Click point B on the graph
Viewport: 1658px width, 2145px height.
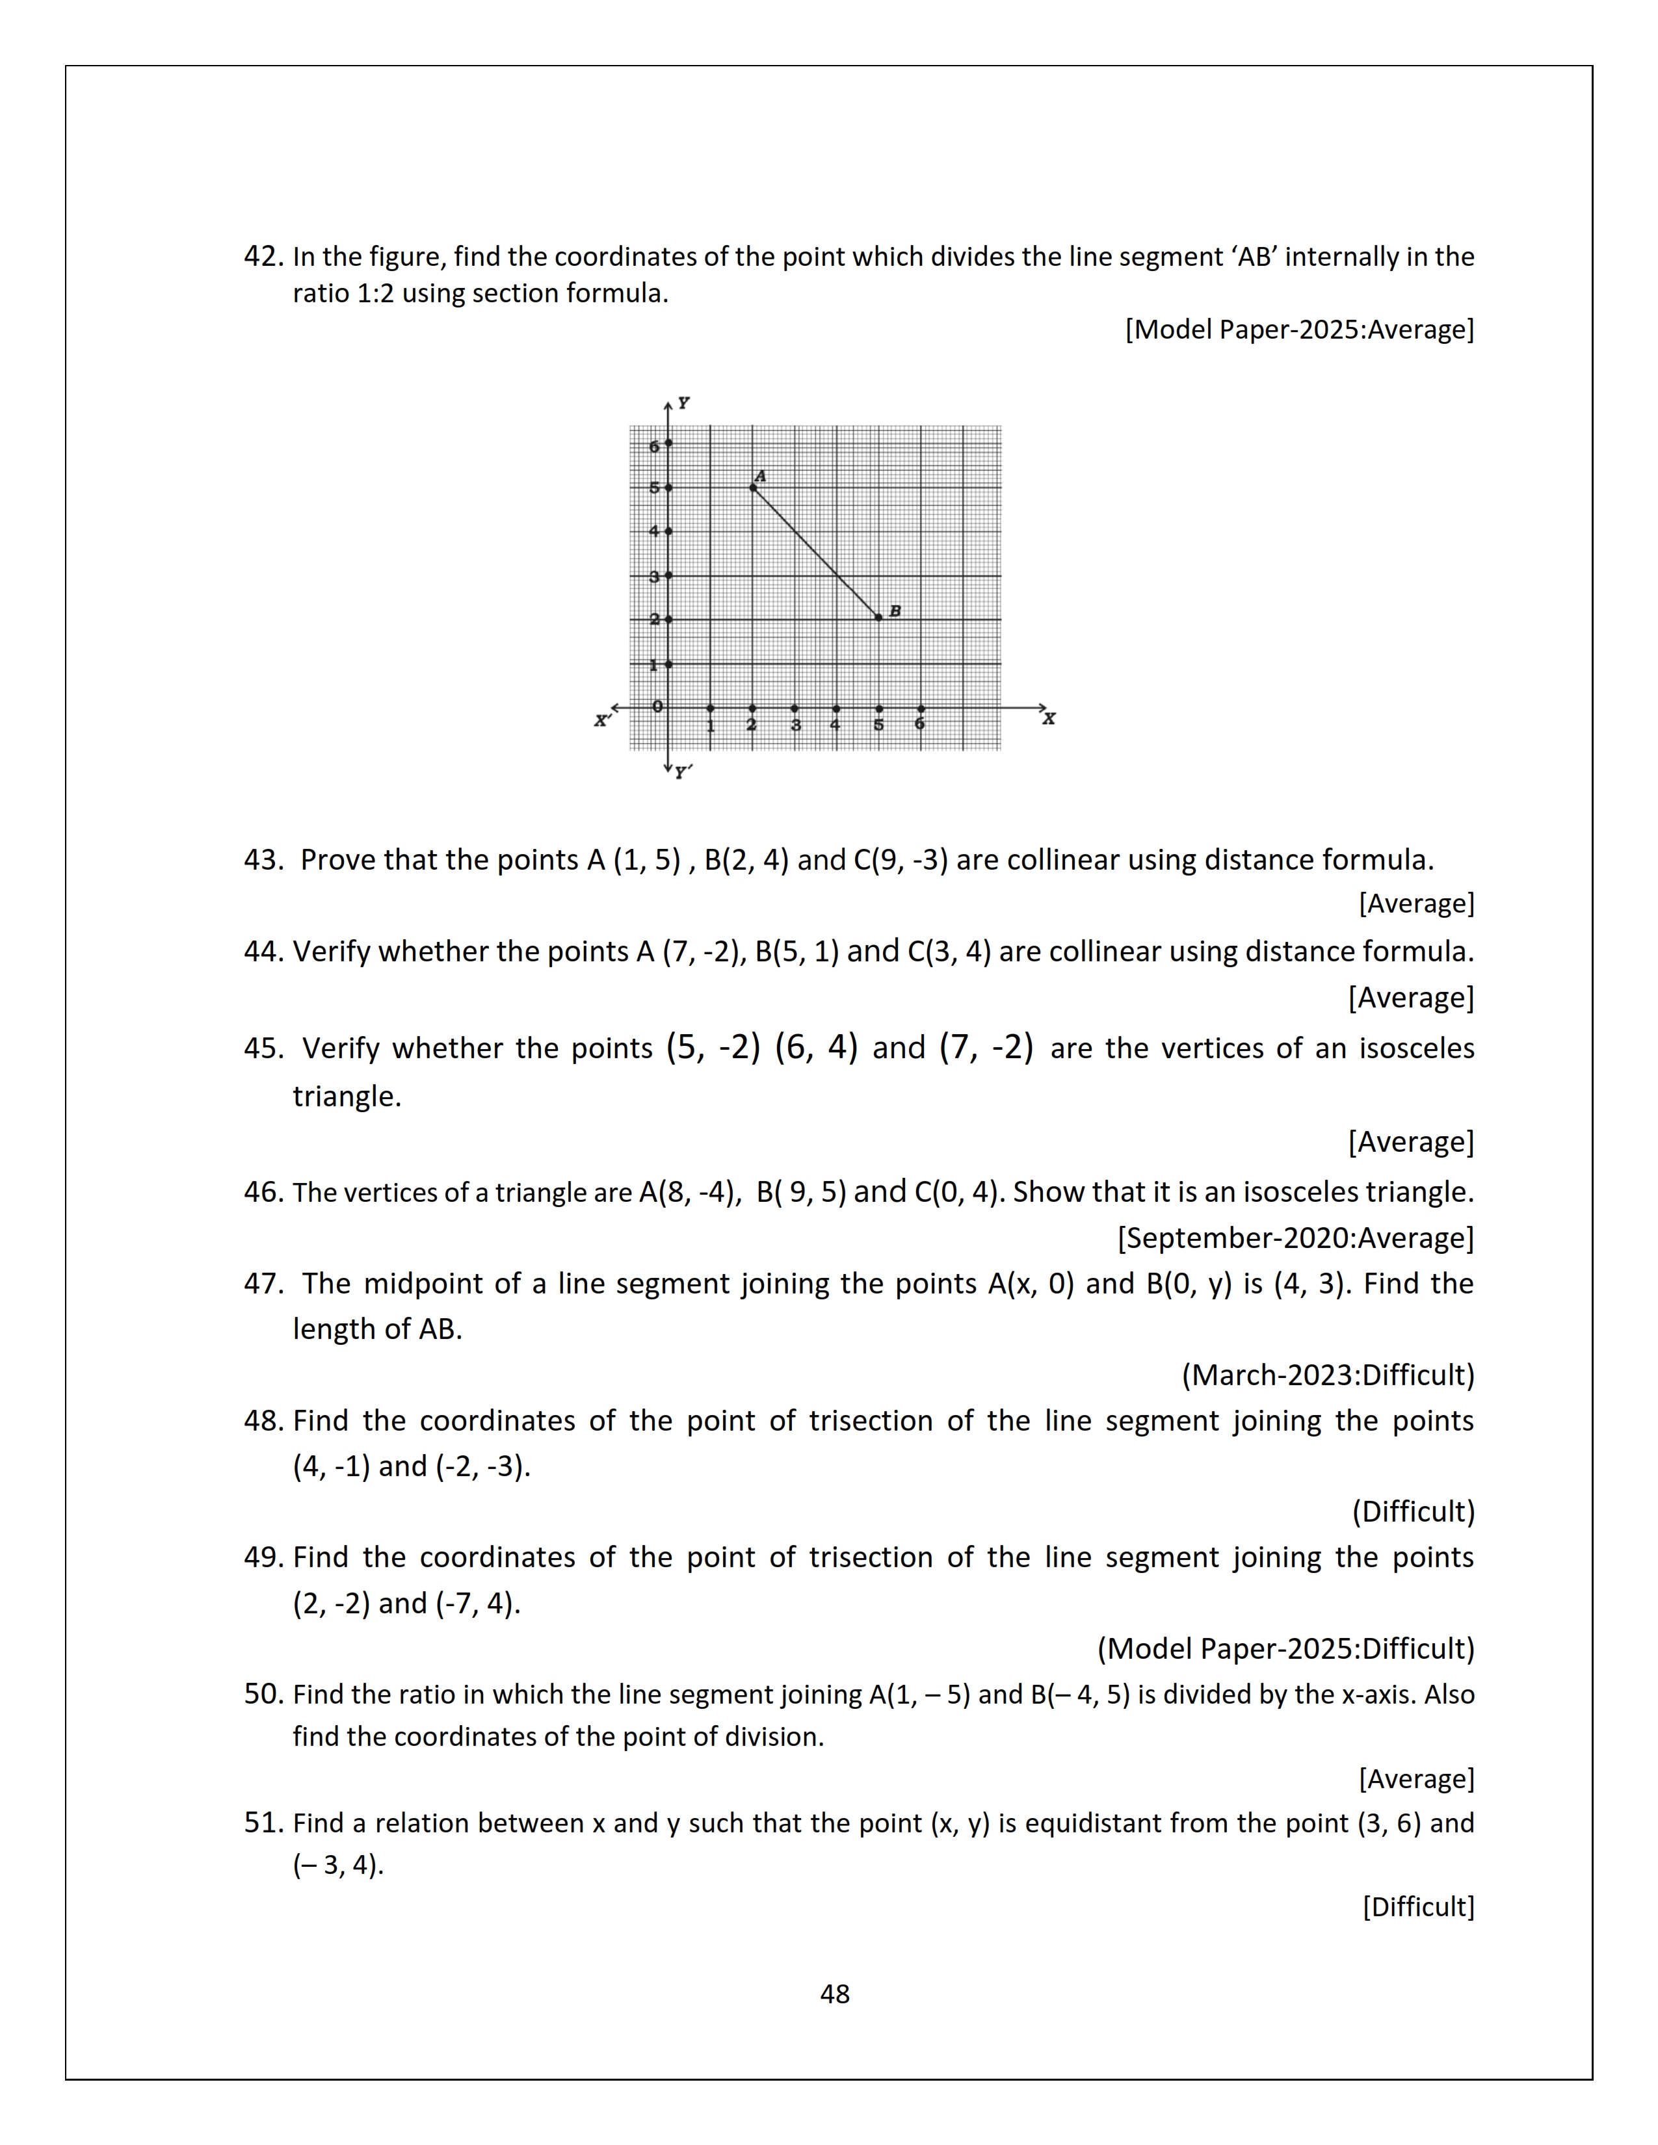point(879,617)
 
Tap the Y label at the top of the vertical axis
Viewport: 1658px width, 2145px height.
point(683,403)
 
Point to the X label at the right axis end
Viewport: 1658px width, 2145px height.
point(1049,719)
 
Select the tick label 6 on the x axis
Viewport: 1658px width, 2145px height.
point(919,725)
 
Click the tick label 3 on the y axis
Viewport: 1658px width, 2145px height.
point(654,577)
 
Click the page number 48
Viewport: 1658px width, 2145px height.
point(835,1994)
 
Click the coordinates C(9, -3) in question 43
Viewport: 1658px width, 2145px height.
point(901,861)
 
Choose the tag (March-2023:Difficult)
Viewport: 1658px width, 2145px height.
point(1327,1375)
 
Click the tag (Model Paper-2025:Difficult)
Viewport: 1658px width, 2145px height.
point(1285,1649)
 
